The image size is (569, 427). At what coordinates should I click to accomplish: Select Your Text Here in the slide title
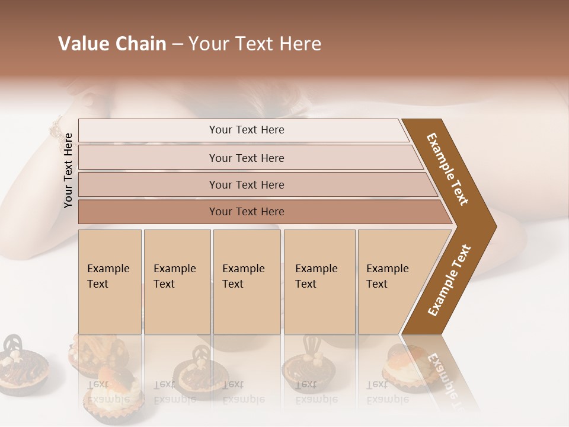[255, 44]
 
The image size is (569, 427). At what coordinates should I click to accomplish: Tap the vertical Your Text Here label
[68, 170]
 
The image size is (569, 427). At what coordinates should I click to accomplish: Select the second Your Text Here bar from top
[246, 158]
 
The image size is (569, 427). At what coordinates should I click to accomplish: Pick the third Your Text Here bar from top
[246, 184]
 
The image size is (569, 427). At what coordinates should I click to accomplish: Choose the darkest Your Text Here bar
[246, 212]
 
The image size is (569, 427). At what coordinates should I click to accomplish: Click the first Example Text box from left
[110, 281]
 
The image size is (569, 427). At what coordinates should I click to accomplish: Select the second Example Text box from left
[177, 281]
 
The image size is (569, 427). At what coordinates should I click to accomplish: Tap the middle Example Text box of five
[246, 281]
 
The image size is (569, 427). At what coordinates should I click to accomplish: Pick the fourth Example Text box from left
[319, 281]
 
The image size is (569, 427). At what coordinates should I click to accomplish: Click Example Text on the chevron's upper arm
[448, 169]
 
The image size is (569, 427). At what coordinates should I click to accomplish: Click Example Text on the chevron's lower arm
[449, 281]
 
